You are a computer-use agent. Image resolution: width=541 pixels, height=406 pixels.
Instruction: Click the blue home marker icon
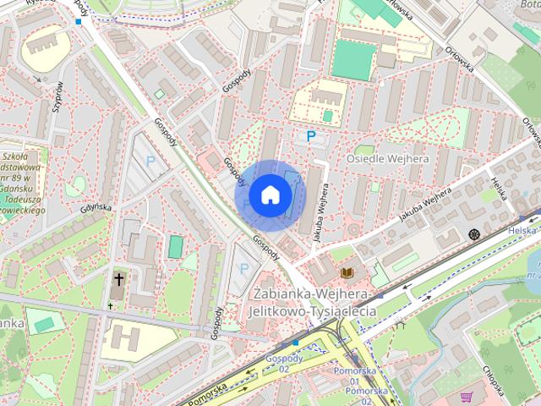coord(270,195)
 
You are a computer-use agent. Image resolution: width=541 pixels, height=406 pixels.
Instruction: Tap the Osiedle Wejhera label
coord(388,159)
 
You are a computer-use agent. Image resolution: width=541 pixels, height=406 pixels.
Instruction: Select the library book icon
coord(346,272)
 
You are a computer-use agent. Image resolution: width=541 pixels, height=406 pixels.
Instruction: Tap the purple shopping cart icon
coord(466,396)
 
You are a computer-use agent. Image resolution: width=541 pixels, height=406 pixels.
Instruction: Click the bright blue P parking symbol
coord(311,135)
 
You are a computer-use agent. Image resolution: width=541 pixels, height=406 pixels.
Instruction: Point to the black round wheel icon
coord(473,233)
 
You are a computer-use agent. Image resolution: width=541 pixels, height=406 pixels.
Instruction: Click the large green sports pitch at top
coord(352,60)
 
